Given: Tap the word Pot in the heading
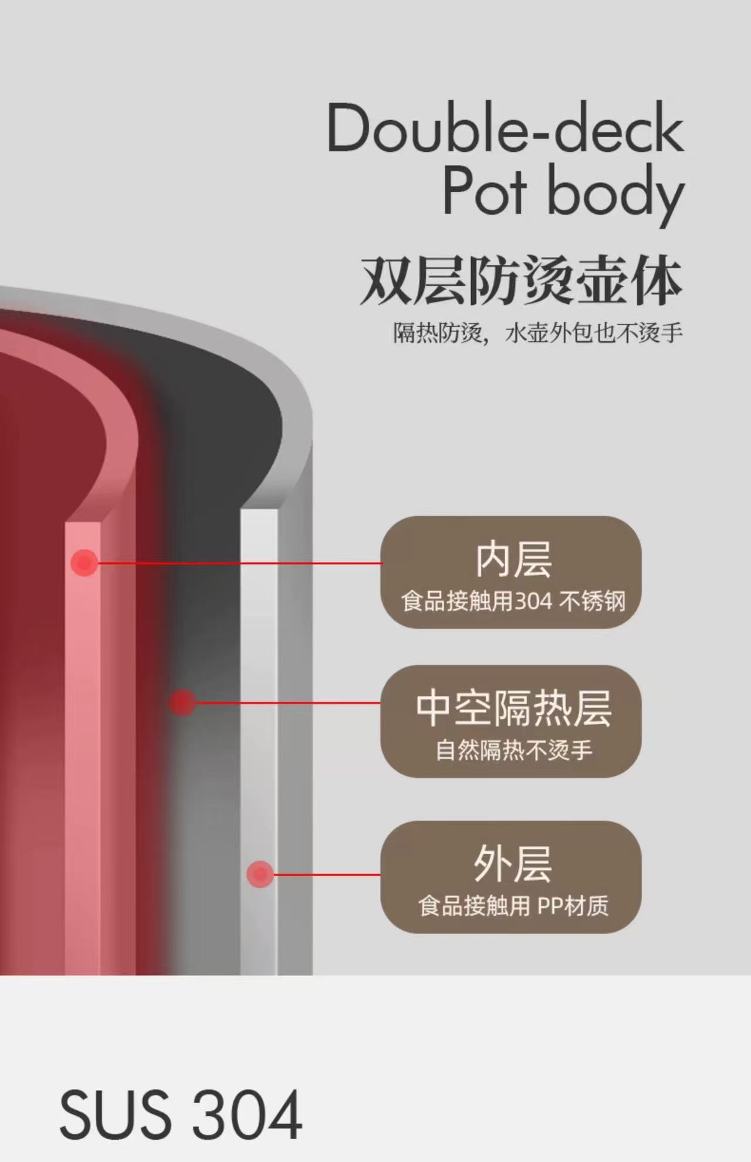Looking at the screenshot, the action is pyautogui.click(x=484, y=191).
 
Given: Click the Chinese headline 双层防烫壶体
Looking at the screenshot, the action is pyautogui.click(x=521, y=280).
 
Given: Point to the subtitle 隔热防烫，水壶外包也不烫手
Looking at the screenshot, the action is pyautogui.click(x=537, y=333).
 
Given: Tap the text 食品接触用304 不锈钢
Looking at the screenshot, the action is pyautogui.click(x=513, y=602).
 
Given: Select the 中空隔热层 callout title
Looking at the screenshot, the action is pyautogui.click(x=513, y=708).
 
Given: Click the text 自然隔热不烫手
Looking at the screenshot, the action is pyautogui.click(x=513, y=750).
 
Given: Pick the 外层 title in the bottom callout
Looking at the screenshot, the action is pyautogui.click(x=513, y=864).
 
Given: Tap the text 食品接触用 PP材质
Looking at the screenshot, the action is pyautogui.click(x=513, y=906).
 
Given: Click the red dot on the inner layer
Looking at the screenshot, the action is pyautogui.click(x=84, y=563).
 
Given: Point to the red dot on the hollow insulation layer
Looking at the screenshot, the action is pyautogui.click(x=182, y=702).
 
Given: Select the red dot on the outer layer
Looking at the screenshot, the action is pyautogui.click(x=259, y=874).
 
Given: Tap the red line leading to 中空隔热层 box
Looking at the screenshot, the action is pyautogui.click(x=287, y=702).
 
